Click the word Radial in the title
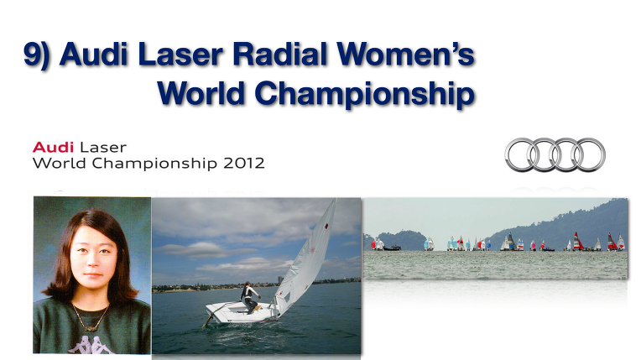point(279,54)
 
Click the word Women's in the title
point(405,54)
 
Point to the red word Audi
point(53,147)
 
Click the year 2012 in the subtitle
point(244,164)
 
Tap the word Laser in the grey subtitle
point(103,148)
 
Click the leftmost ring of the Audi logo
point(521,154)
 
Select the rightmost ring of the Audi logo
point(589,154)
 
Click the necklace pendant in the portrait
point(91,327)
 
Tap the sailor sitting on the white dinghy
point(249,297)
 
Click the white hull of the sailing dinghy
point(242,312)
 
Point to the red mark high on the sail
point(326,226)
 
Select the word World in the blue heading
point(201,92)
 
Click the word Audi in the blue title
point(94,54)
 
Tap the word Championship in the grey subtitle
point(154,164)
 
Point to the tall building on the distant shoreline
point(280,279)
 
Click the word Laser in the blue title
point(180,54)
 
